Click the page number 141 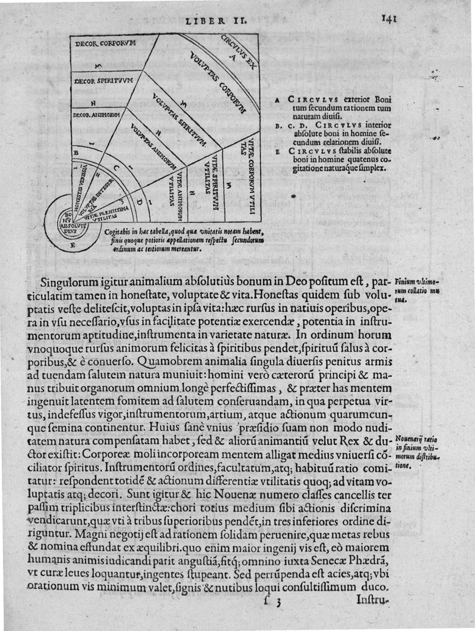pos(389,18)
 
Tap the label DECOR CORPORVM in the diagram pos(106,43)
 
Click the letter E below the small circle pos(72,245)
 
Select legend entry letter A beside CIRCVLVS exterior pos(278,100)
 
